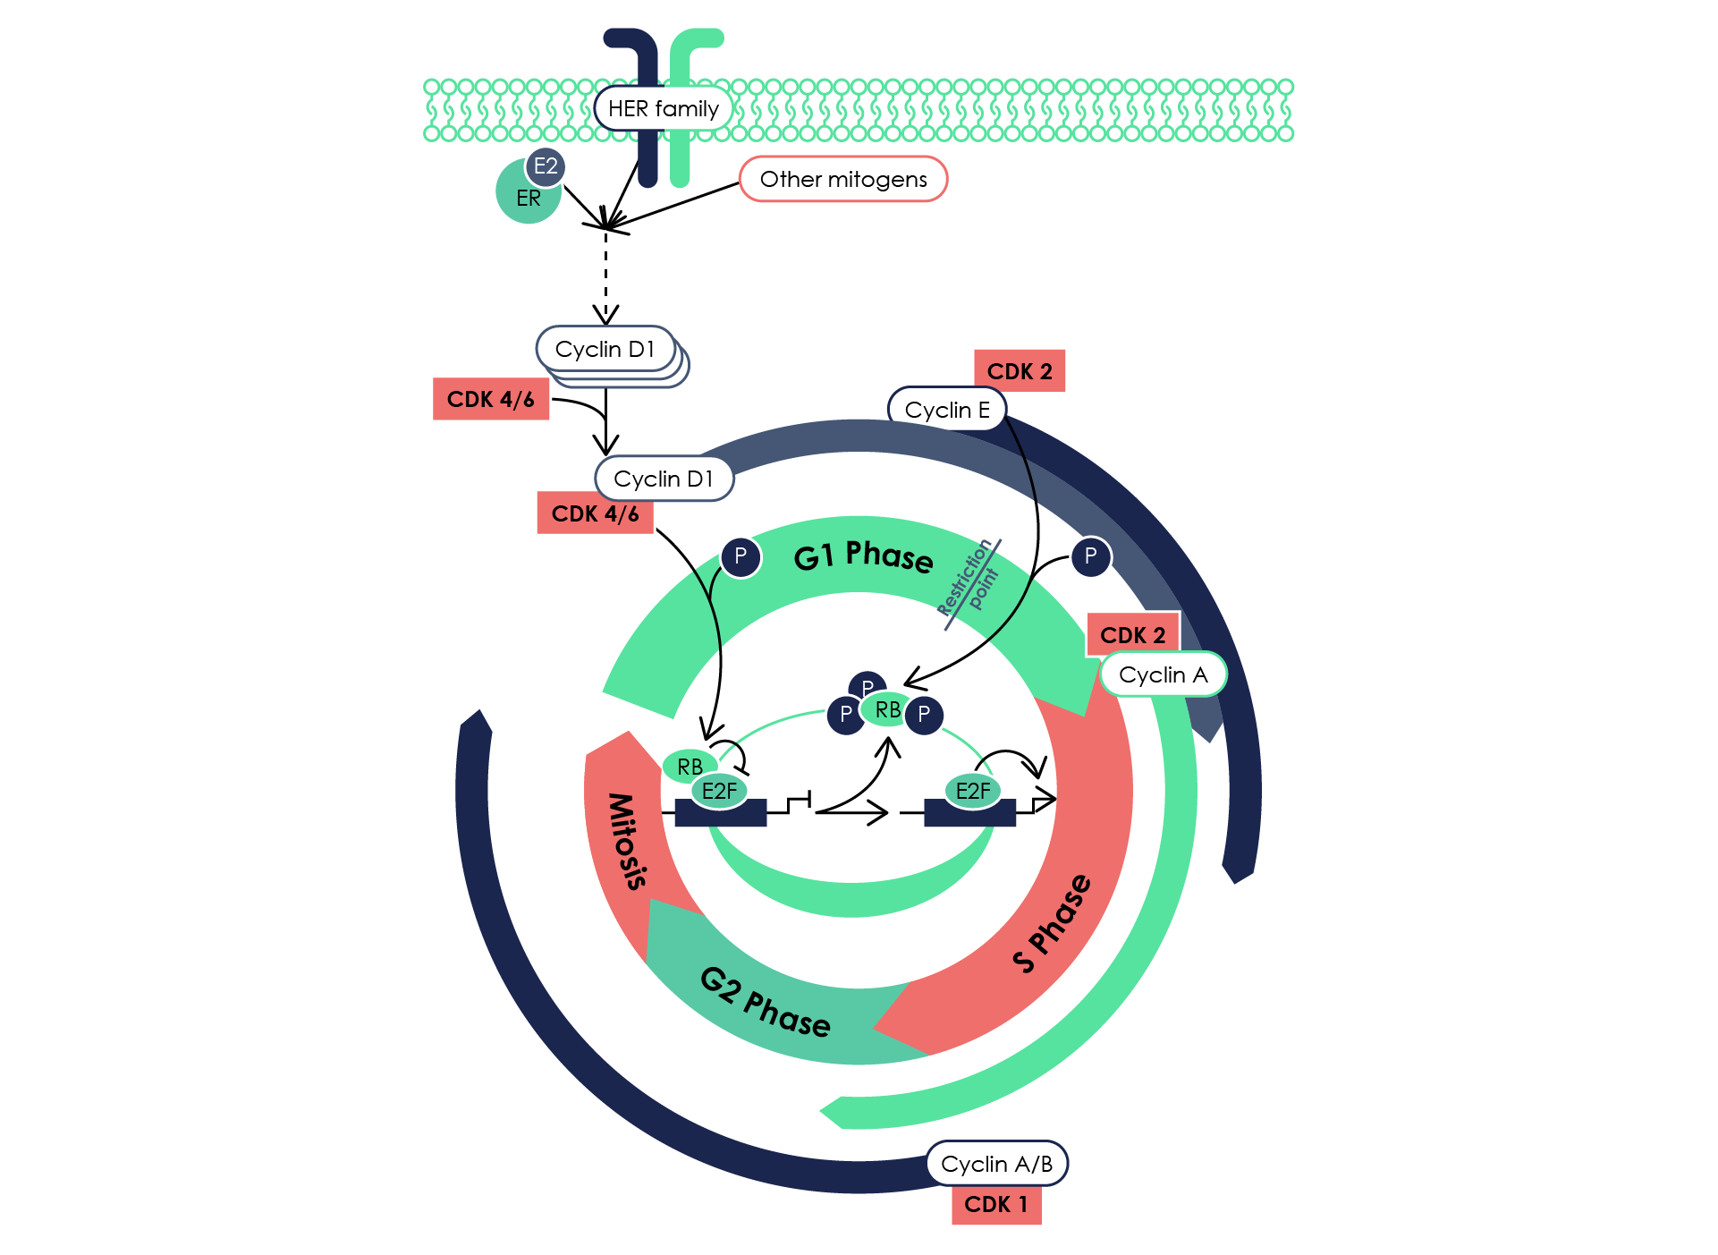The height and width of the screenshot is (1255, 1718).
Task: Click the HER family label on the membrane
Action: (x=663, y=109)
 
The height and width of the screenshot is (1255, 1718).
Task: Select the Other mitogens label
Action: (x=842, y=179)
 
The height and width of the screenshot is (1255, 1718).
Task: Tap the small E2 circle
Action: (x=546, y=166)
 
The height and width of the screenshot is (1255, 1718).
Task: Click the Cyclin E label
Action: (x=946, y=410)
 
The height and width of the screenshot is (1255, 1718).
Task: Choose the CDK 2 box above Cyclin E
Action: (x=1020, y=370)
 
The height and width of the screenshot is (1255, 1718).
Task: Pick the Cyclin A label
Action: (x=1163, y=674)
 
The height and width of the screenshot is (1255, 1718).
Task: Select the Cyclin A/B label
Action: (x=996, y=1163)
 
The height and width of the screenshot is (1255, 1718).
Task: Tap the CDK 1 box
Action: (x=995, y=1205)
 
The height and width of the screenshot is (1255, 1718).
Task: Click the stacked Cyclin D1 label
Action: (x=605, y=349)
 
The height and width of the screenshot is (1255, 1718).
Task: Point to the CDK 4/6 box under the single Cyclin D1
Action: (x=595, y=513)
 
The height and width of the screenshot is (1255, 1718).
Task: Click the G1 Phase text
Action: (x=863, y=555)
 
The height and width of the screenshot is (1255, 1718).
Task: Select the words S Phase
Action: (x=1053, y=923)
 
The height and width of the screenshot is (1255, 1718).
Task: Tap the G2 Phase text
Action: (x=765, y=1002)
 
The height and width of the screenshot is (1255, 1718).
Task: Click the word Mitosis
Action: (x=627, y=841)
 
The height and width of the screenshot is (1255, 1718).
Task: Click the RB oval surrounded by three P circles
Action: (x=887, y=710)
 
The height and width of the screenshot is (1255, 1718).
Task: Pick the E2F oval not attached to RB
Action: (x=973, y=791)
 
